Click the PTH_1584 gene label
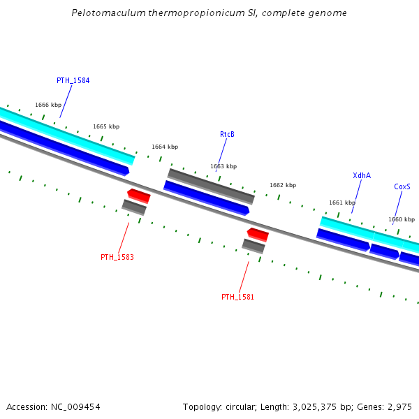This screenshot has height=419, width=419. click(x=73, y=80)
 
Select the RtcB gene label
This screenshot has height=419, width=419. click(x=227, y=134)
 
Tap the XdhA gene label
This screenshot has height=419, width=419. click(x=362, y=175)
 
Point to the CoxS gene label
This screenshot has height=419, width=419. click(x=402, y=186)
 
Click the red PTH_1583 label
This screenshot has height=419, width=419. click(x=117, y=257)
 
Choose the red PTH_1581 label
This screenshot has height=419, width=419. click(x=237, y=297)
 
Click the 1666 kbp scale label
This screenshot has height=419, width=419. click(x=48, y=105)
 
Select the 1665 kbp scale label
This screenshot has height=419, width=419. click(x=106, y=126)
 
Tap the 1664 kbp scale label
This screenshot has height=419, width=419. click(x=165, y=147)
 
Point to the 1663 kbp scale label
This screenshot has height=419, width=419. click(x=223, y=166)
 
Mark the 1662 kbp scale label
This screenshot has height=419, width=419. click(x=283, y=185)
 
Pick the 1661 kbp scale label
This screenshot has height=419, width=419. click(x=342, y=203)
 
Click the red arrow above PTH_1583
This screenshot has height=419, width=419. click(x=138, y=195)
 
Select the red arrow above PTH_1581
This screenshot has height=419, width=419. click(x=258, y=234)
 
